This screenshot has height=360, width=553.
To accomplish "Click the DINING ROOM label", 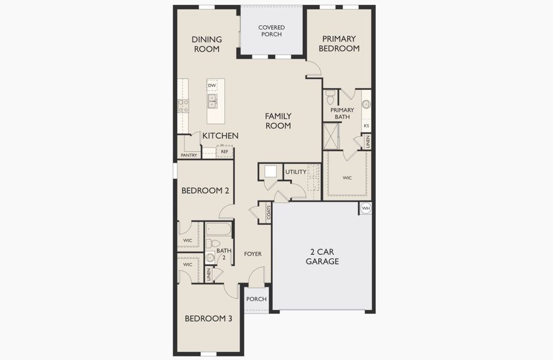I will click(x=207, y=44).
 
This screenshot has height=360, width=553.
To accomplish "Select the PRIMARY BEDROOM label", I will click(x=339, y=44).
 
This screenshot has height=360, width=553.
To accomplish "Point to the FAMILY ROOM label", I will click(x=279, y=121).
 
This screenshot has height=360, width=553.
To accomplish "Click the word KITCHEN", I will click(x=220, y=136).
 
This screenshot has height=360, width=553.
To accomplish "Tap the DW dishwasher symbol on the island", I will click(x=212, y=86).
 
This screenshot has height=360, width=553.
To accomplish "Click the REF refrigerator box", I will click(x=224, y=152).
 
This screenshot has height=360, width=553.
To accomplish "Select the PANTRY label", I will click(x=188, y=155).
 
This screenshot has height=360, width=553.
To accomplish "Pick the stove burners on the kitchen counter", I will click(x=183, y=106).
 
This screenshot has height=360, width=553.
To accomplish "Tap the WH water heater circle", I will click(x=365, y=208).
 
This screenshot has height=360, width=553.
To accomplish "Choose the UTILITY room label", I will click(x=296, y=172).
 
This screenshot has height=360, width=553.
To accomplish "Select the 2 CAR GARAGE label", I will click(x=322, y=257).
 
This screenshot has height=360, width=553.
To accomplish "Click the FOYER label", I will click(x=252, y=254).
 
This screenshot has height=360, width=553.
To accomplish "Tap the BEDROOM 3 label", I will click(x=208, y=319).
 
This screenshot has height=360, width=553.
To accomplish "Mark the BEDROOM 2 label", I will click(x=205, y=191).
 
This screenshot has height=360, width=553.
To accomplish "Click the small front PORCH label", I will click(x=257, y=299).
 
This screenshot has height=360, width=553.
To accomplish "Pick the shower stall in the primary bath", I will click(x=331, y=136).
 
